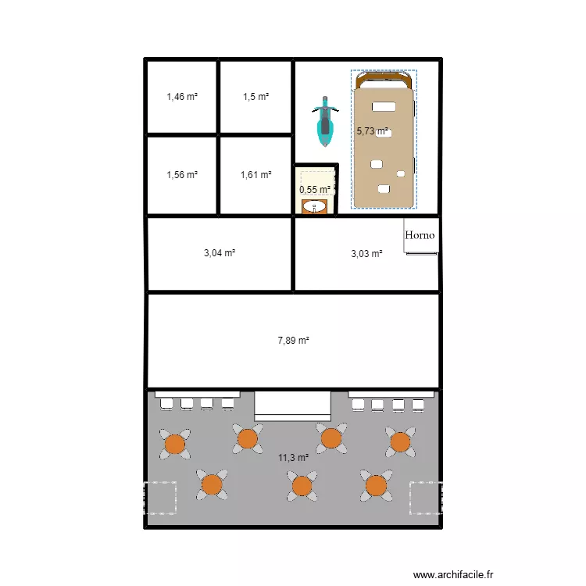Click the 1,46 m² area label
pos(182,97)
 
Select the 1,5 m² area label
pos(256,97)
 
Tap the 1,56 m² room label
pos(182,174)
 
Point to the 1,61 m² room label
pos(256,174)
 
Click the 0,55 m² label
pos(315,190)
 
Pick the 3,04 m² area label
pos(220,253)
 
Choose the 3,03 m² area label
pos(366,254)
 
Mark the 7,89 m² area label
pos(293,341)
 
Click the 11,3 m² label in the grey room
pos(293,457)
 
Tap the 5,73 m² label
pos(372,131)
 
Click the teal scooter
pos(325,121)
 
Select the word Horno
pos(420,235)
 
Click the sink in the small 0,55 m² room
pos(314,207)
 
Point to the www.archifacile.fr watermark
pos(453,574)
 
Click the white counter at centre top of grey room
pos(293,406)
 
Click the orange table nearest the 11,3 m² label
pos(302,486)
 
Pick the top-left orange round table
pos(175,444)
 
